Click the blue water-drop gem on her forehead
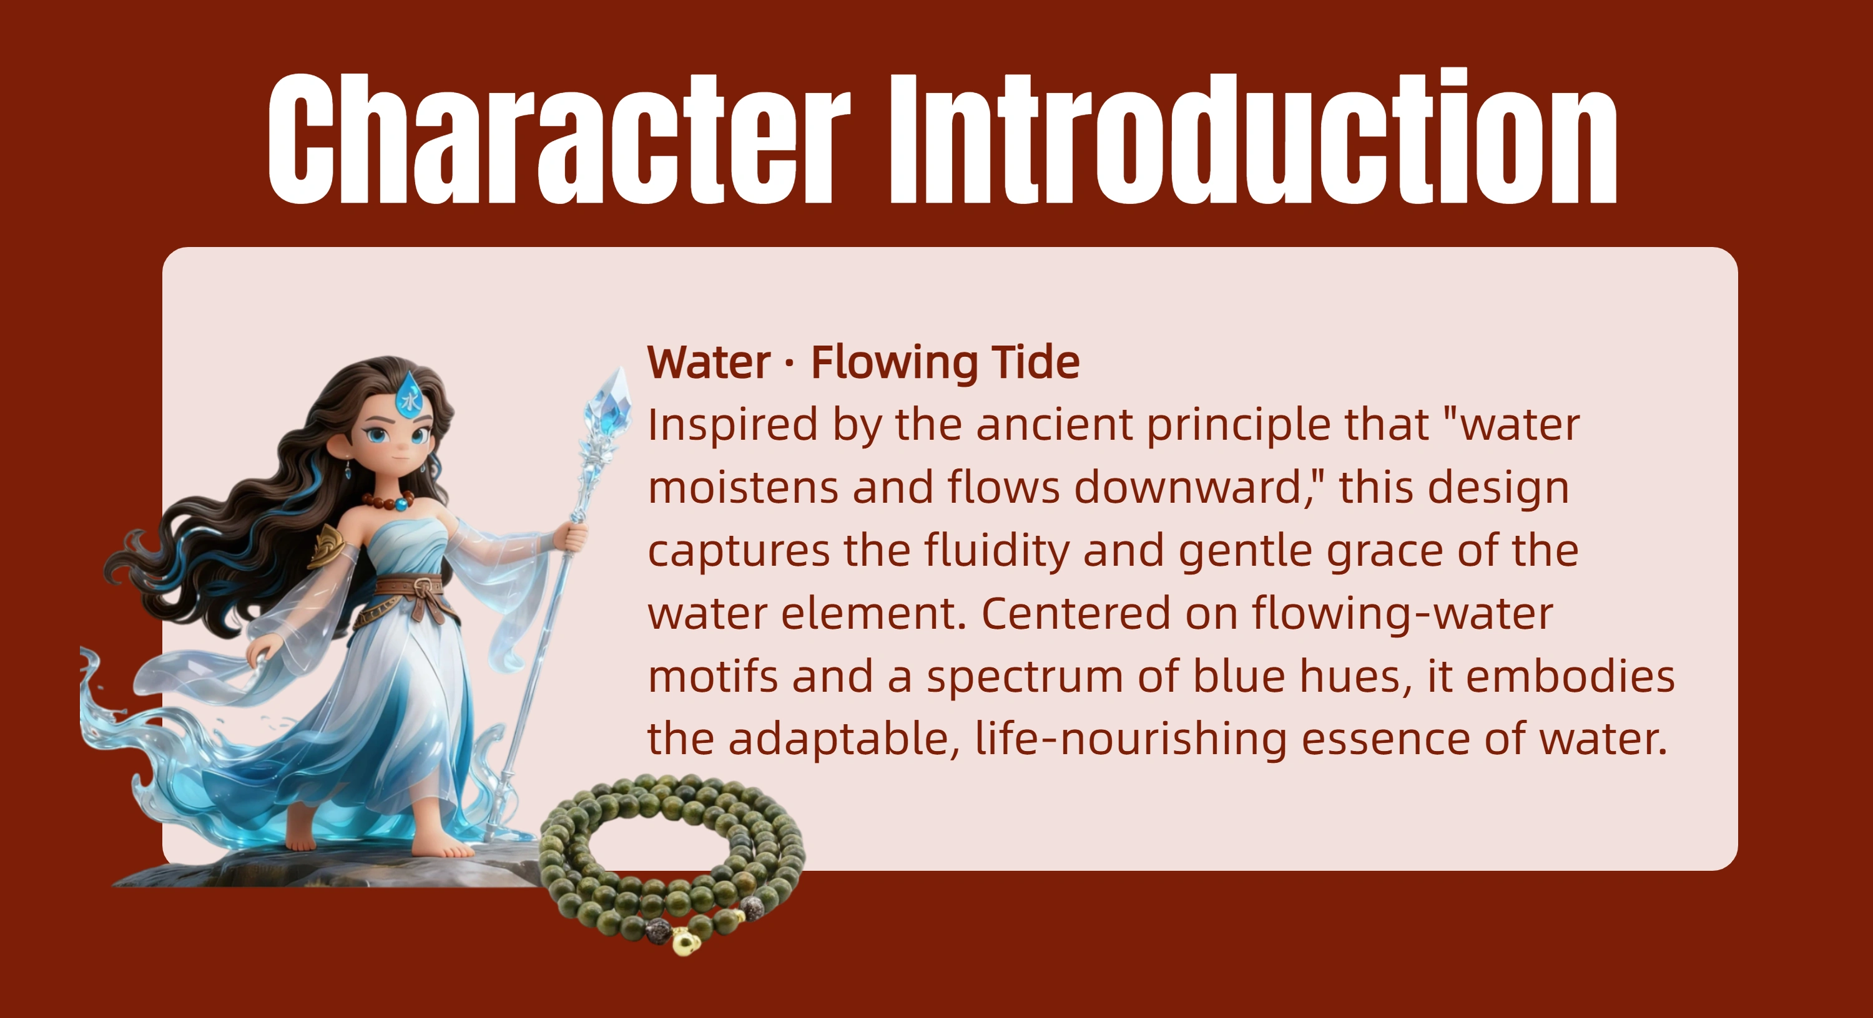(x=408, y=396)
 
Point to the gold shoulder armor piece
(x=325, y=546)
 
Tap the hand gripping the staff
(x=574, y=537)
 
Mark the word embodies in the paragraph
(x=1571, y=677)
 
